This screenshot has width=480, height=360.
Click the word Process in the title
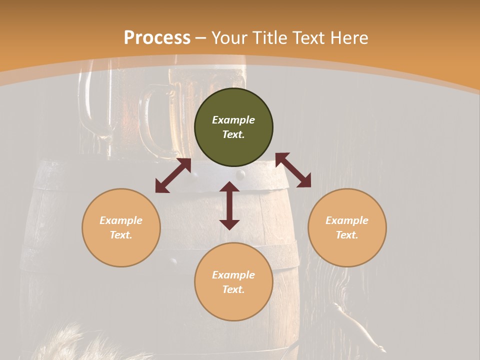click(157, 38)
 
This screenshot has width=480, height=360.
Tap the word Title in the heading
click(270, 38)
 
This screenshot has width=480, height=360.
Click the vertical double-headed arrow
click(229, 205)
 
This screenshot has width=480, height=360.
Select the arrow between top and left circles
click(173, 175)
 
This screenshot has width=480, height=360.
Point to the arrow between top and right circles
click(293, 170)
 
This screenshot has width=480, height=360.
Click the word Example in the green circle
click(233, 120)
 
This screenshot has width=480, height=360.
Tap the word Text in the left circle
click(121, 235)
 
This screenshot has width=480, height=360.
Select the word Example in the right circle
click(347, 220)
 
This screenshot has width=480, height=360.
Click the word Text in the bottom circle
click(233, 289)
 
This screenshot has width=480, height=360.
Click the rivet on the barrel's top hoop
click(241, 174)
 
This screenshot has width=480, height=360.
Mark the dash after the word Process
click(201, 38)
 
